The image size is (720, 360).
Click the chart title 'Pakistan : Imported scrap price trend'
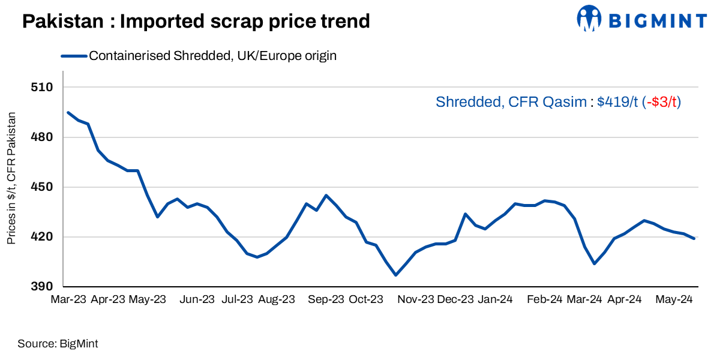click(196, 22)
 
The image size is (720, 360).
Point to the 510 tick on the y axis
click(42, 88)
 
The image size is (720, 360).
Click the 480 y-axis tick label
click(42, 137)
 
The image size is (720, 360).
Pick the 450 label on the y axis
click(42, 187)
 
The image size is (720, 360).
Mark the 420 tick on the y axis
click(42, 237)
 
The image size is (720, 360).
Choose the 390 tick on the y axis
click(42, 287)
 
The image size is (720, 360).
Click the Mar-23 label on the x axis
click(68, 299)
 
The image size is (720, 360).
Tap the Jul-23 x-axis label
click(237, 299)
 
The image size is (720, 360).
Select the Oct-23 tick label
click(366, 299)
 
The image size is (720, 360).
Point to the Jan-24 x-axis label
click(495, 299)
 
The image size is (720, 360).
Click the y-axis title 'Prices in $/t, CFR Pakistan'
click(11, 178)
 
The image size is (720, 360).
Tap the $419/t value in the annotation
click(617, 102)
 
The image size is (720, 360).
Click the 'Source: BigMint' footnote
click(58, 344)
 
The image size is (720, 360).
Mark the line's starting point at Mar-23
click(68, 112)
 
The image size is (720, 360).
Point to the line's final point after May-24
click(694, 239)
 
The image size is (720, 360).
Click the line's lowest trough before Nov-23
click(395, 275)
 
